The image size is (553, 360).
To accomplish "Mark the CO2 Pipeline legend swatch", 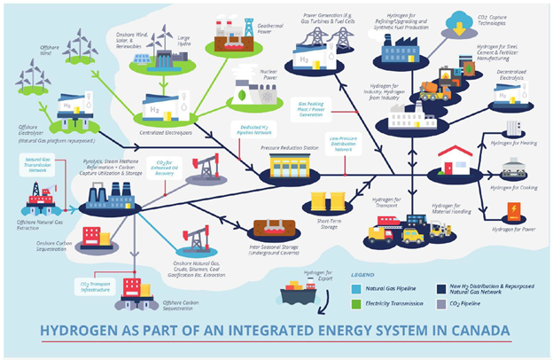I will click(x=440, y=304).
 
